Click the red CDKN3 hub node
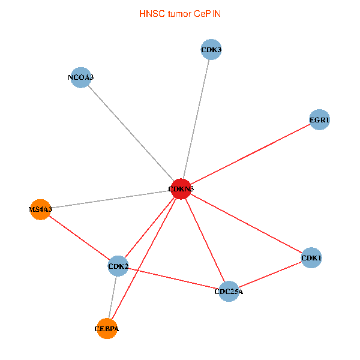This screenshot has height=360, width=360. pos(181,189)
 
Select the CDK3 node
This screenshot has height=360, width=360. pos(211,50)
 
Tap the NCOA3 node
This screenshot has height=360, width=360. pos(80,77)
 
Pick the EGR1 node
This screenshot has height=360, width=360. pos(319,120)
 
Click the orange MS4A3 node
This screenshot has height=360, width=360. pos(40,209)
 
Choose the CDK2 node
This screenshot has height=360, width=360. pos(118,265)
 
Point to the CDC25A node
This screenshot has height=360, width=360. pos(229,292)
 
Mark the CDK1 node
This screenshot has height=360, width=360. pos(311,258)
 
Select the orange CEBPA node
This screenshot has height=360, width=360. pos(107,328)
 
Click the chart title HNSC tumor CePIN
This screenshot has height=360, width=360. pos(179,13)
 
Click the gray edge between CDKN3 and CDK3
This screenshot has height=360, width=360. pos(196,119)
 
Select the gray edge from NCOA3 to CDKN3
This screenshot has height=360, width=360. pos(131,133)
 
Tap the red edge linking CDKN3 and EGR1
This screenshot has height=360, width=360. pos(250,154)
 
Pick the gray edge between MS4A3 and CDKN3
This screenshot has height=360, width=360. pos(111,199)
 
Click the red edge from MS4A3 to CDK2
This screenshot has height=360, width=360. pos(79,238)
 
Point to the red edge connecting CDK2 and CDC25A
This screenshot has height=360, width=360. pos(173,278)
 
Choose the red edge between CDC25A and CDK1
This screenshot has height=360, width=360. pos(270,275)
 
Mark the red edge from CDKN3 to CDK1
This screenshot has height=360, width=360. pos(246,223)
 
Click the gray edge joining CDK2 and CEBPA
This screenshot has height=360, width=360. pos(113,296)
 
